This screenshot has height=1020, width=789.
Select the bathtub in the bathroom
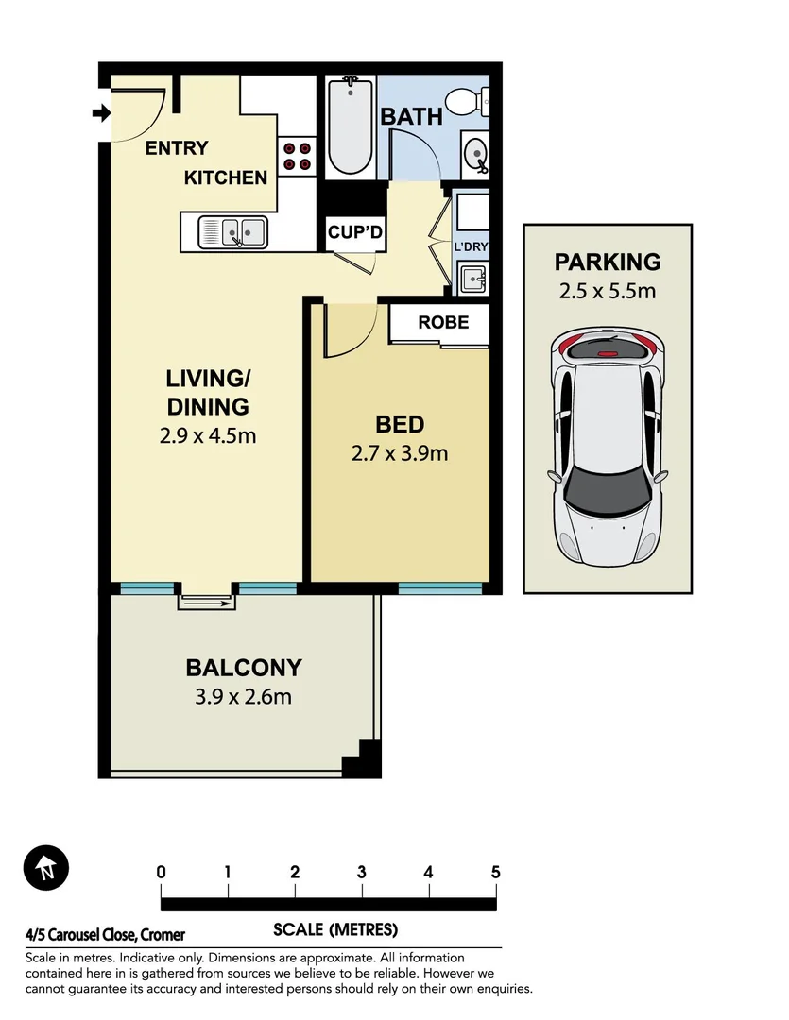352,127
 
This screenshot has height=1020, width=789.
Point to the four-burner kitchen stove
297,156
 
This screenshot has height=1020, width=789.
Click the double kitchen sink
233,230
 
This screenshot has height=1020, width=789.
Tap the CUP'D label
354,232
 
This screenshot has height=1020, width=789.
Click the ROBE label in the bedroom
443,322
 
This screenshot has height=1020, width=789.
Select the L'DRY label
470,247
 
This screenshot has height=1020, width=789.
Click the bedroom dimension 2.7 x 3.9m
400,453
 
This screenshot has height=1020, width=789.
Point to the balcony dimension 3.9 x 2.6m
243,698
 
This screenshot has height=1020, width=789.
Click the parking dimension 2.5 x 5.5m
608,291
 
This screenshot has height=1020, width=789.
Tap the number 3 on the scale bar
362,872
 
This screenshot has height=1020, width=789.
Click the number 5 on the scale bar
495,872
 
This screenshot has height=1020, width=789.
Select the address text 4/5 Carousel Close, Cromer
106,935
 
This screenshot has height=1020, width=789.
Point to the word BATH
411,117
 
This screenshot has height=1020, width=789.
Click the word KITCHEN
225,178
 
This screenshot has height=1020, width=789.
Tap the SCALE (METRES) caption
335,929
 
